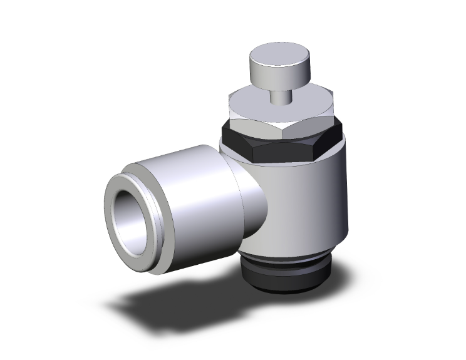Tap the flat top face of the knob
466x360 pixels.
pos(273,56)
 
